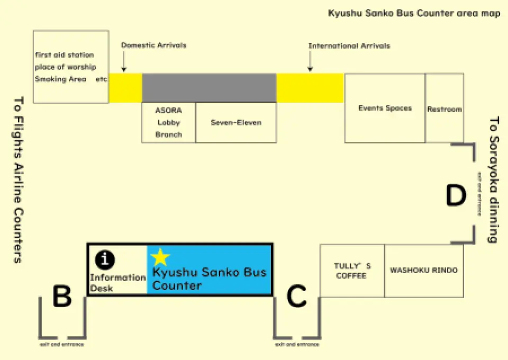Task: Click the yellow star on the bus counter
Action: (160, 257)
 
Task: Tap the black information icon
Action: (105, 259)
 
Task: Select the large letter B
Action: (62, 297)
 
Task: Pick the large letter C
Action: (296, 297)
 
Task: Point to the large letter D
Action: (456, 196)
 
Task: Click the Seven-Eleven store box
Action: (236, 122)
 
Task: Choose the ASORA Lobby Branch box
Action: (168, 122)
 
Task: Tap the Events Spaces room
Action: (385, 108)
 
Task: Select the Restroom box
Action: (444, 109)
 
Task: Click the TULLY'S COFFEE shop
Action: (351, 271)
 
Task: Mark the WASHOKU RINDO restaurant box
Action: (424, 271)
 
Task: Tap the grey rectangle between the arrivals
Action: (209, 88)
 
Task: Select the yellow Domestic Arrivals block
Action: (125, 88)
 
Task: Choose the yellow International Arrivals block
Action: (310, 88)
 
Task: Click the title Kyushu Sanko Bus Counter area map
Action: (414, 13)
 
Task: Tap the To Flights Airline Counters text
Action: (19, 179)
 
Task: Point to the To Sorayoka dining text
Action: (494, 179)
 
